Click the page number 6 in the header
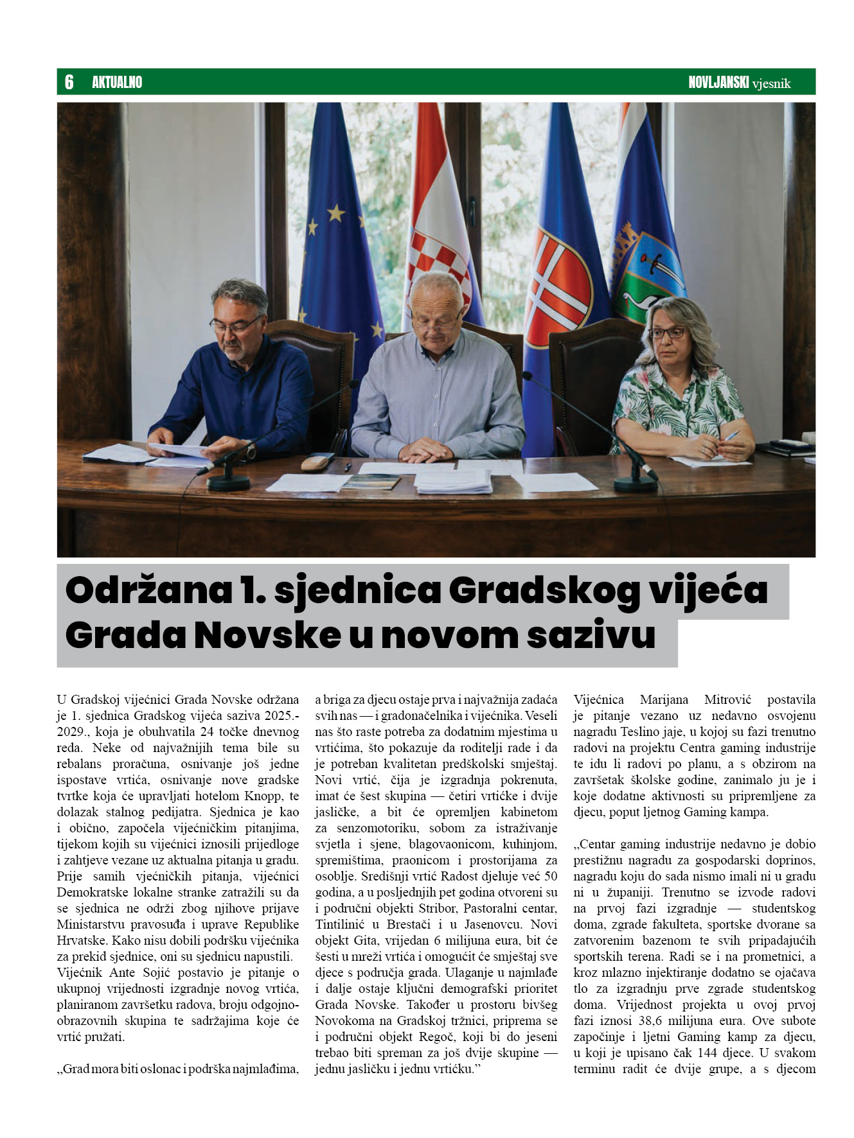coord(69,82)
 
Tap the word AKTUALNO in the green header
coord(117,82)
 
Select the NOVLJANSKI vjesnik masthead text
coord(739,83)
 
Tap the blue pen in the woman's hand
coord(732,435)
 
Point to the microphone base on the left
coord(228,482)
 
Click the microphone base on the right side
coord(635,484)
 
